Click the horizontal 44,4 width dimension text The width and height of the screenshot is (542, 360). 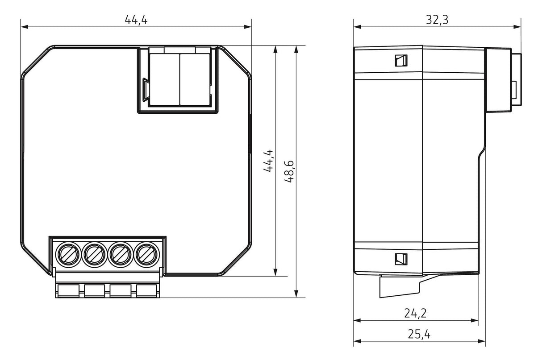click(x=136, y=20)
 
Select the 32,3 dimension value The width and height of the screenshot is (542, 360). click(x=437, y=20)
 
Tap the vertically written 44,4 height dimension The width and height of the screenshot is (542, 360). click(x=268, y=161)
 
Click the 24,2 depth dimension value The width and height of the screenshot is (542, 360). click(x=415, y=313)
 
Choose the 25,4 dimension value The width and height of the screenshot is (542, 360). click(x=419, y=334)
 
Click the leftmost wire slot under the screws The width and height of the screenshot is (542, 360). click(x=69, y=290)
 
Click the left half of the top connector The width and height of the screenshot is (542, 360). click(x=164, y=79)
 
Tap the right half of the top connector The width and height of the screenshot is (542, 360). click(x=194, y=79)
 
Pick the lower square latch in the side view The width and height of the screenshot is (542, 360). click(x=400, y=258)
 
